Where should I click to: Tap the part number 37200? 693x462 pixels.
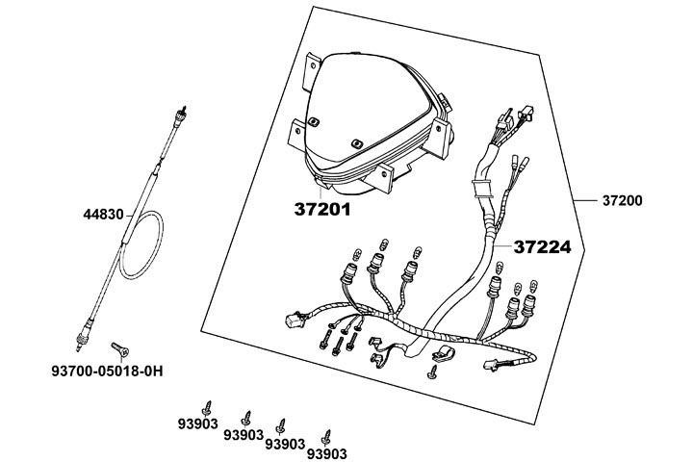click(x=623, y=201)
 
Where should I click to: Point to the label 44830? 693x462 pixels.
click(x=103, y=215)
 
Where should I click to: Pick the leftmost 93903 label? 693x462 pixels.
click(x=198, y=422)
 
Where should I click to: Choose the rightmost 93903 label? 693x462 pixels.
click(x=325, y=451)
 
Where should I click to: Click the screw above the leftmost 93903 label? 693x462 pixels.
click(x=206, y=402)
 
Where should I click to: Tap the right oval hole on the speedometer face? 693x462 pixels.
click(x=356, y=142)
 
